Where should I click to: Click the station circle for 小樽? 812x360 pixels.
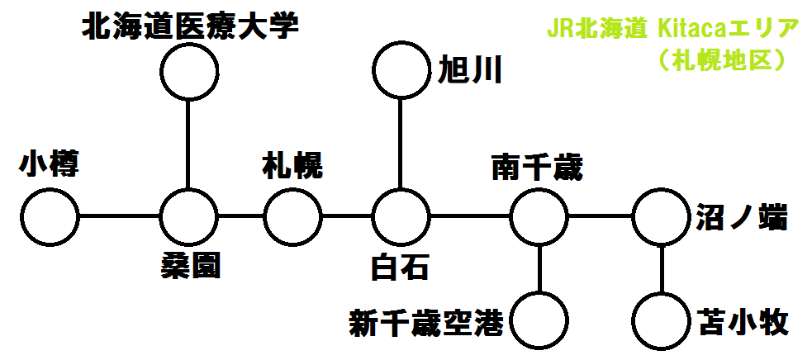(x=50, y=218)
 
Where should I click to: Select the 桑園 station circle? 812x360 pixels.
(x=189, y=218)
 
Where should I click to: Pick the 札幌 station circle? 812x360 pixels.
(x=293, y=218)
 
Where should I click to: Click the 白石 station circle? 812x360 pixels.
(x=401, y=218)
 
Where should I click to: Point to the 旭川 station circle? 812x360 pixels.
(x=401, y=70)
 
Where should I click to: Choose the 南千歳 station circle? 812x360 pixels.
(x=539, y=218)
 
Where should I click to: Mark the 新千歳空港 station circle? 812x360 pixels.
(x=539, y=320)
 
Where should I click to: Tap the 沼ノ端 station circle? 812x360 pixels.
(x=661, y=218)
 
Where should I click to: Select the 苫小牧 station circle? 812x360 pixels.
(x=661, y=320)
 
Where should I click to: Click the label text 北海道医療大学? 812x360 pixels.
(x=189, y=27)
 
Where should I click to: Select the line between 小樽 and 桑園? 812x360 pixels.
(x=119, y=218)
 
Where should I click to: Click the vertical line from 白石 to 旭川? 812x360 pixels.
(x=401, y=144)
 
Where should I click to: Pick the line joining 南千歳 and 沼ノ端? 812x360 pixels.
(x=600, y=218)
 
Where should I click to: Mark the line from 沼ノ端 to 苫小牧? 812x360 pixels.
(x=661, y=269)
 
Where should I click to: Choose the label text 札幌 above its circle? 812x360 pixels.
(x=292, y=168)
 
